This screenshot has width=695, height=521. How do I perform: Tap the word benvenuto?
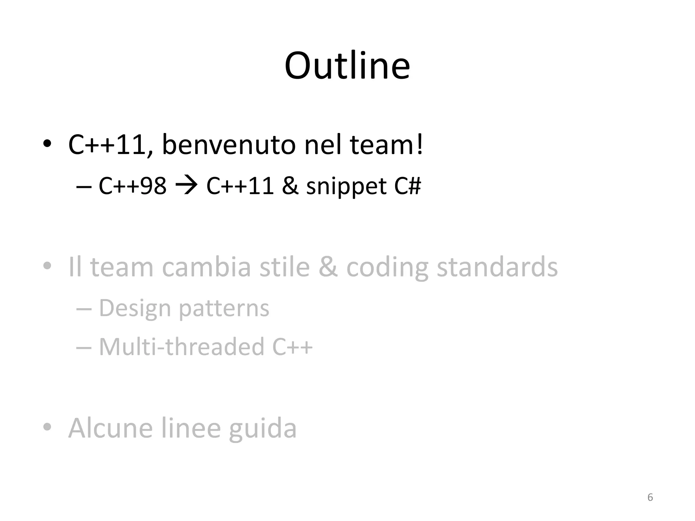(x=229, y=145)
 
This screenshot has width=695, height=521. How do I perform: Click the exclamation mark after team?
(x=420, y=144)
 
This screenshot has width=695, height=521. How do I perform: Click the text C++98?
(x=133, y=186)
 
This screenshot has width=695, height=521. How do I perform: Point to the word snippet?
(x=346, y=187)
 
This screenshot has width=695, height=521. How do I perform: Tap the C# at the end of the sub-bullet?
(x=408, y=186)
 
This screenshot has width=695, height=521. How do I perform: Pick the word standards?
(x=497, y=267)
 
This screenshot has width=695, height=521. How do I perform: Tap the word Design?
(x=135, y=309)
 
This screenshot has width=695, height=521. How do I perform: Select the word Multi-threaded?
(x=182, y=347)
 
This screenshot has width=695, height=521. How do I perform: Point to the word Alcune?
(x=111, y=428)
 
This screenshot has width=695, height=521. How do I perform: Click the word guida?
(x=263, y=429)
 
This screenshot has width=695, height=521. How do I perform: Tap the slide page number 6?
(x=650, y=497)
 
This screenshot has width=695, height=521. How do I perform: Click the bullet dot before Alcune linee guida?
(x=47, y=427)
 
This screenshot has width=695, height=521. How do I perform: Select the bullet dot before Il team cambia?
(x=47, y=266)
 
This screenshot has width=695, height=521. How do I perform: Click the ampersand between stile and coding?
(x=328, y=267)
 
